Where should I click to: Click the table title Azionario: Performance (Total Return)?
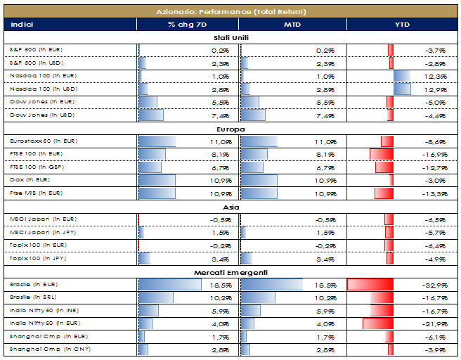coord(230,12)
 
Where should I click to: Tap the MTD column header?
coord(293,25)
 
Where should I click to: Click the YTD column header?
coord(403,25)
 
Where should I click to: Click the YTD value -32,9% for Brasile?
coord(436,285)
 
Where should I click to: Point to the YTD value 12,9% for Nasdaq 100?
coord(436,89)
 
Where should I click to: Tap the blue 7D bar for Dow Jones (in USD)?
coord(151,115)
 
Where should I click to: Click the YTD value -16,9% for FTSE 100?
coord(436,154)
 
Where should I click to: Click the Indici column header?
coord(22,25)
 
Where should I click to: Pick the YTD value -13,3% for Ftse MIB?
coord(436,193)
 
